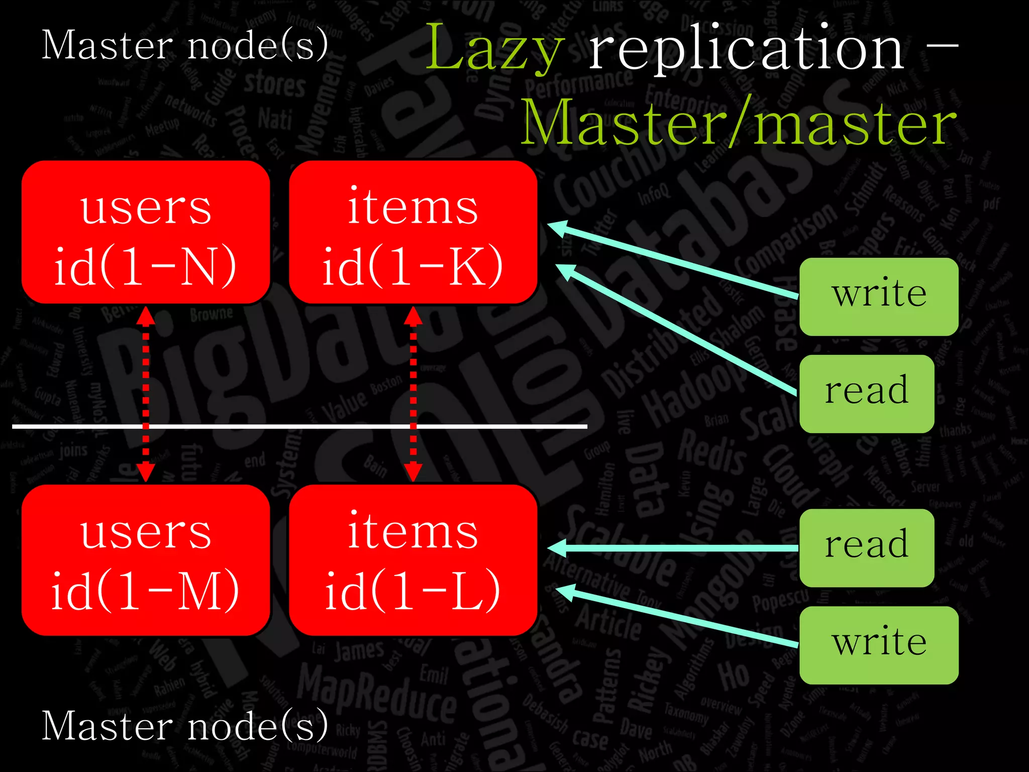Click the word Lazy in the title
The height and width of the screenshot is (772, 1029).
[x=495, y=49]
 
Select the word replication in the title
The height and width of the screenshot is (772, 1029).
[x=747, y=49]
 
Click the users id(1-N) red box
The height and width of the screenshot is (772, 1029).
[x=146, y=232]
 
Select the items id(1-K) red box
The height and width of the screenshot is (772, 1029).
[x=413, y=232]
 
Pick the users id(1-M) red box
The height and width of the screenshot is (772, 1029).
[x=146, y=560]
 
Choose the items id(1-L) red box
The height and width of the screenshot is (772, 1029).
[x=413, y=560]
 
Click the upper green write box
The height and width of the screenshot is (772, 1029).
[x=879, y=297]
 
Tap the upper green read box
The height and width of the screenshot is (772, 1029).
[x=867, y=394]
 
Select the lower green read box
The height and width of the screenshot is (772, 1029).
[x=867, y=547]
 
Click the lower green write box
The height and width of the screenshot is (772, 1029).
[x=879, y=645]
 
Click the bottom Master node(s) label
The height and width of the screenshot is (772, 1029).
[x=185, y=727]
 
